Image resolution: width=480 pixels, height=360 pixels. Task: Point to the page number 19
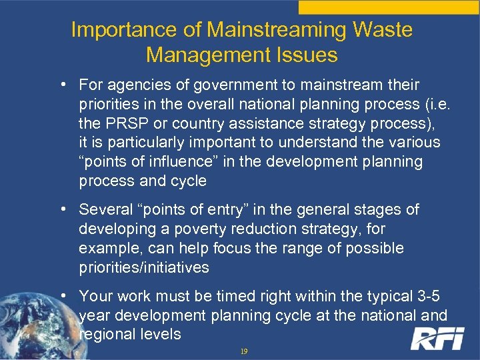[243, 351]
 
